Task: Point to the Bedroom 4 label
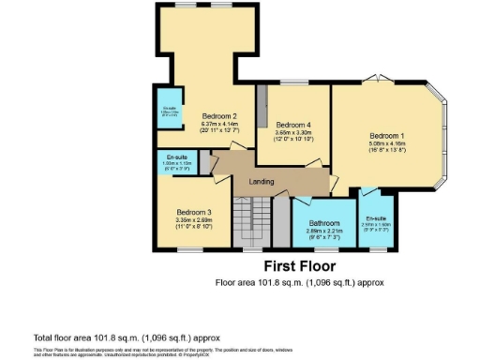click(292, 125)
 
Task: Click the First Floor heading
click(299, 264)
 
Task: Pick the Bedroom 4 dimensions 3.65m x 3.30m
click(292, 133)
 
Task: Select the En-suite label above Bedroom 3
click(176, 157)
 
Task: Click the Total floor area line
click(127, 337)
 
